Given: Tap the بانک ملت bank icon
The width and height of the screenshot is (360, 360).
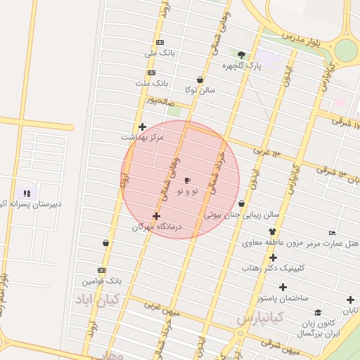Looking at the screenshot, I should tap(151, 73).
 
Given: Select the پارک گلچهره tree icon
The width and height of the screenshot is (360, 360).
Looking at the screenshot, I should tap(242, 55).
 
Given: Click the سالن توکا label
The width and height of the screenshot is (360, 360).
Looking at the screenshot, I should tap(200, 90).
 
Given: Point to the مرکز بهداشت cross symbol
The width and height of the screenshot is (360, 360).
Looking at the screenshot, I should tap(142, 127).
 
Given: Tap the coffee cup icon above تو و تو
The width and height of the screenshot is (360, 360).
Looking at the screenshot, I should tap(187, 181).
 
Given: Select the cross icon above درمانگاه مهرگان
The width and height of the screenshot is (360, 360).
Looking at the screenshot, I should tap(156, 216).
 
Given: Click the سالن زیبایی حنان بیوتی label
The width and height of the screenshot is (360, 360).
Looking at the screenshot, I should tap(242, 214).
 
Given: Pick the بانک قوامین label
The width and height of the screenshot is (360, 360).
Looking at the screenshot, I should tap(101, 281).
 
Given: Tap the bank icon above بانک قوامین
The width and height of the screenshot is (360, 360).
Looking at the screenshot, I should tap(102, 270).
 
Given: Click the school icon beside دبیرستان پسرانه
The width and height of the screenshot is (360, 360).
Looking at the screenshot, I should tap(27, 193).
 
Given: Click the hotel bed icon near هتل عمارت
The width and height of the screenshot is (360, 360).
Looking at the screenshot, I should tap(333, 233).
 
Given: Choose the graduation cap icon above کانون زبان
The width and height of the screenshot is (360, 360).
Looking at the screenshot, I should tap(318, 313).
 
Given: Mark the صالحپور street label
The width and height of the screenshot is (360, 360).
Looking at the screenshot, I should tap(159, 101).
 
